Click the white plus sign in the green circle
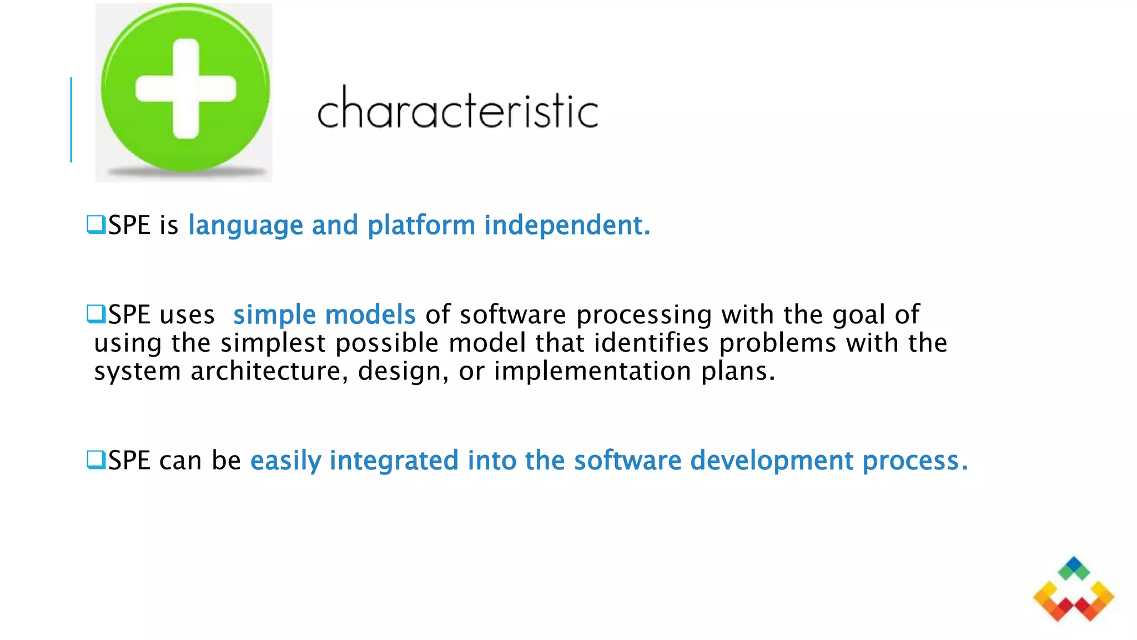[185, 89]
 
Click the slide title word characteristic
[457, 109]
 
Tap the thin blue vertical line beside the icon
[71, 120]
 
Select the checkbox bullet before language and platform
[95, 224]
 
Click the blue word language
[245, 226]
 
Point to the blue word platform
[421, 225]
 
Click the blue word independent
[566, 225]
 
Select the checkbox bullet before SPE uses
[95, 314]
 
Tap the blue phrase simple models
[324, 314]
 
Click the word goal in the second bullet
[858, 315]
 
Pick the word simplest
[273, 343]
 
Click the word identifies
[651, 343]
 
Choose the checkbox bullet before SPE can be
[95, 460]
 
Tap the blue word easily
[285, 461]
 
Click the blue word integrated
[394, 461]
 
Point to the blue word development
[772, 461]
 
